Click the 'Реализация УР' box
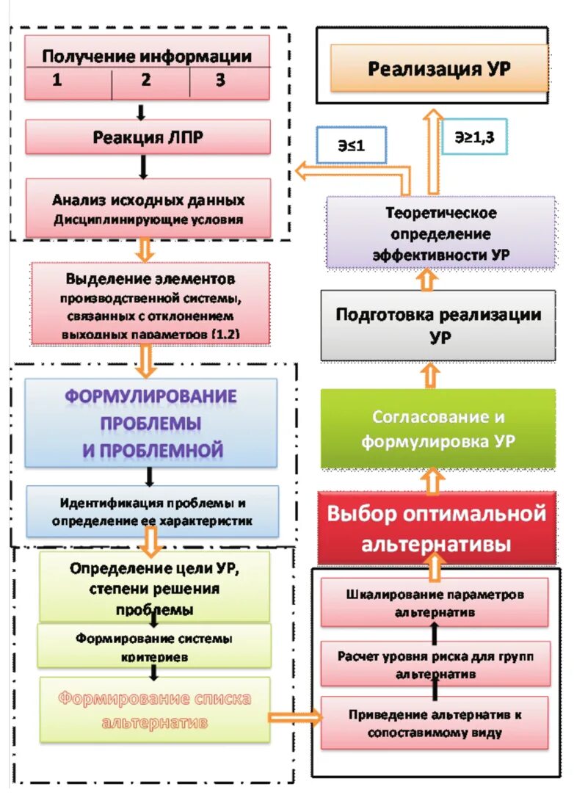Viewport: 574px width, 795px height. tap(439, 69)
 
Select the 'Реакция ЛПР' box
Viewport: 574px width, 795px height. tap(148, 137)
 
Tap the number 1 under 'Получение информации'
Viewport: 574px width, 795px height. tap(57, 81)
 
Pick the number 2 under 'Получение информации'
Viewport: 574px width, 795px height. tap(146, 81)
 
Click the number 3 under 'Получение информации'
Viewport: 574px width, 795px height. tap(220, 81)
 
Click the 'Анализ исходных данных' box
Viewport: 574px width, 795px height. tap(148, 208)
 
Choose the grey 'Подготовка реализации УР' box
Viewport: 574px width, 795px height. tap(438, 324)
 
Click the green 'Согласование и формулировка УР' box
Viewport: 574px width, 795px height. tap(438, 429)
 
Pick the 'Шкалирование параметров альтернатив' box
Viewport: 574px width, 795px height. tap(435, 602)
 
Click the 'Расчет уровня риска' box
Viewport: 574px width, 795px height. tap(435, 664)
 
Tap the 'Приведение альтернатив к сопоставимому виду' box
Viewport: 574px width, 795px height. tap(435, 722)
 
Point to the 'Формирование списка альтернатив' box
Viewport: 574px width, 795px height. tap(154, 709)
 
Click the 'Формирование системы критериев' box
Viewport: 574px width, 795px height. tap(154, 646)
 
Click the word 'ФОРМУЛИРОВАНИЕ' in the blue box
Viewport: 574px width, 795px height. tap(151, 397)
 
